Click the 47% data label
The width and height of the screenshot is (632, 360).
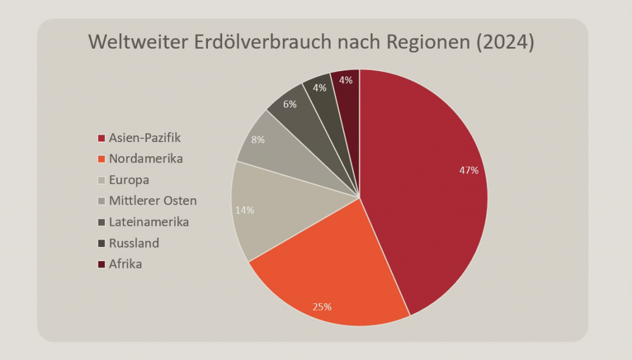468,170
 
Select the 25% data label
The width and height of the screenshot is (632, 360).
322,306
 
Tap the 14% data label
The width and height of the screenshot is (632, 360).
244,210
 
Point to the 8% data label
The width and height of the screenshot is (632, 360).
257,140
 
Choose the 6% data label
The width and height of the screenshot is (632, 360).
289,104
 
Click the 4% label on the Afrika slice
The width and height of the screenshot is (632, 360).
346,80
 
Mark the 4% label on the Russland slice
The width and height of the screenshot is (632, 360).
320,88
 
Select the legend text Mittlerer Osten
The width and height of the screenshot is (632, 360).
152,201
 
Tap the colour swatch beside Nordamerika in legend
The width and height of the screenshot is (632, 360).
101,159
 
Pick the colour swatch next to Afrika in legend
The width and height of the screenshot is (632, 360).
101,264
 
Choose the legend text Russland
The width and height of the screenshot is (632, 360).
134,243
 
